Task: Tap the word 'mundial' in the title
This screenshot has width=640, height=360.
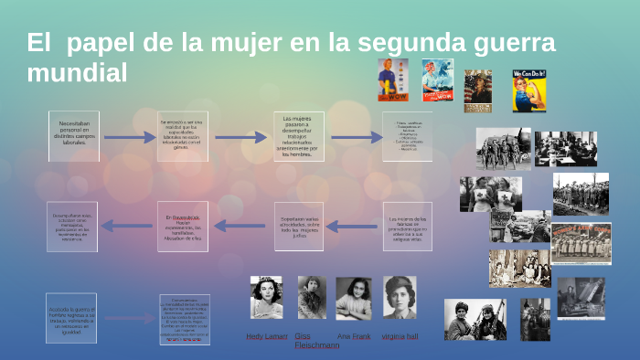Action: (x=77, y=73)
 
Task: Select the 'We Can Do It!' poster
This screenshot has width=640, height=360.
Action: (x=529, y=90)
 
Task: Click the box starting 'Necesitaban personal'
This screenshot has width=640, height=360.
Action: (x=73, y=136)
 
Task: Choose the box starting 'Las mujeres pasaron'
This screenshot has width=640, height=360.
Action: (x=298, y=136)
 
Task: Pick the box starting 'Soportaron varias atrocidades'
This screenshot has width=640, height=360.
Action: (x=298, y=225)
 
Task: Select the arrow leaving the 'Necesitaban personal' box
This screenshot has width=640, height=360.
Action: (x=129, y=138)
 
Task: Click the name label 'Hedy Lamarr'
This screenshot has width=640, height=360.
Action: (x=267, y=336)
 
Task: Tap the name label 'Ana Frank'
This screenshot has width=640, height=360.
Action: (x=353, y=336)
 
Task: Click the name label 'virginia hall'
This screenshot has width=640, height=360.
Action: (x=400, y=336)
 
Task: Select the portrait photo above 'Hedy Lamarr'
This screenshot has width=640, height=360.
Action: (x=266, y=298)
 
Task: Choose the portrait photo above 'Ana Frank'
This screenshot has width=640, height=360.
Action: (x=353, y=298)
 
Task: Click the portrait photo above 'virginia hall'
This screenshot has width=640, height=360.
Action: (x=400, y=298)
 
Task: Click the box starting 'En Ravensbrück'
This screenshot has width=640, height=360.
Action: (x=182, y=225)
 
